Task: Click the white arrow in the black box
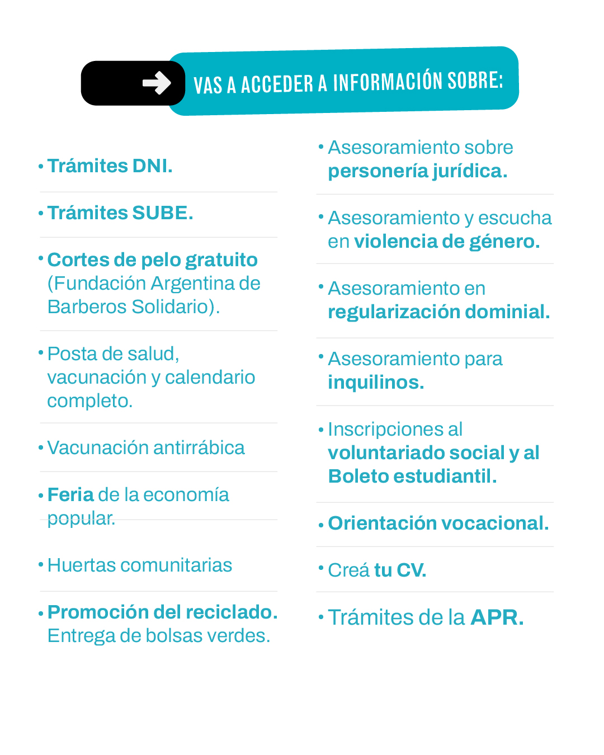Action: [x=157, y=83]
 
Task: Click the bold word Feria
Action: [x=70, y=495]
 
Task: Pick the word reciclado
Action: [x=232, y=612]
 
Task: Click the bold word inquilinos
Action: [x=376, y=383]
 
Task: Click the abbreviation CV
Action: [x=411, y=570]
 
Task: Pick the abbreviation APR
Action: [x=497, y=618]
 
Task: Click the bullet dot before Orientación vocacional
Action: [x=321, y=525]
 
